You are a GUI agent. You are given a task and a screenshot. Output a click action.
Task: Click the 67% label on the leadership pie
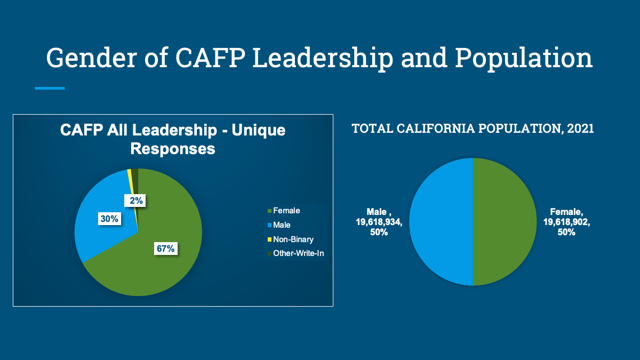tap(166, 249)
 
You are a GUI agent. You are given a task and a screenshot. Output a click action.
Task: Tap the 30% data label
tap(109, 219)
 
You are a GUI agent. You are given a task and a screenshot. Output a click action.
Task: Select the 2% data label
tap(135, 201)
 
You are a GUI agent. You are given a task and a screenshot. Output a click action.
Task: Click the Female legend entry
tap(284, 211)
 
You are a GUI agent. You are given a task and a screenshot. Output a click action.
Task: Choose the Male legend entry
tap(279, 225)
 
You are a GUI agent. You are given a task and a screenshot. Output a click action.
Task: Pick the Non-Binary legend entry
tap(290, 239)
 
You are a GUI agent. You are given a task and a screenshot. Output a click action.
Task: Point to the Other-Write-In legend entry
tap(295, 253)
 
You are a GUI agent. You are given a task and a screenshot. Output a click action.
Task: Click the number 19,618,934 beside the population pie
tap(379, 222)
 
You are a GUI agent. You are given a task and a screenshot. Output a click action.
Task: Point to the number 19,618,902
tap(566, 222)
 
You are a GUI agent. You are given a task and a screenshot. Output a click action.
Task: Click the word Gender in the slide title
tap(91, 58)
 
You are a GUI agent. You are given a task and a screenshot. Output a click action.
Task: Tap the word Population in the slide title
tap(523, 59)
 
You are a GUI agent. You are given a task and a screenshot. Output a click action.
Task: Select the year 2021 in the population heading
tap(580, 129)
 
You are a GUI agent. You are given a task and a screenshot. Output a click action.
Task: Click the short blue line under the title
tap(50, 89)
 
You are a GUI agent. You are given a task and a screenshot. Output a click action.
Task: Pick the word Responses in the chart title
tap(173, 149)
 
